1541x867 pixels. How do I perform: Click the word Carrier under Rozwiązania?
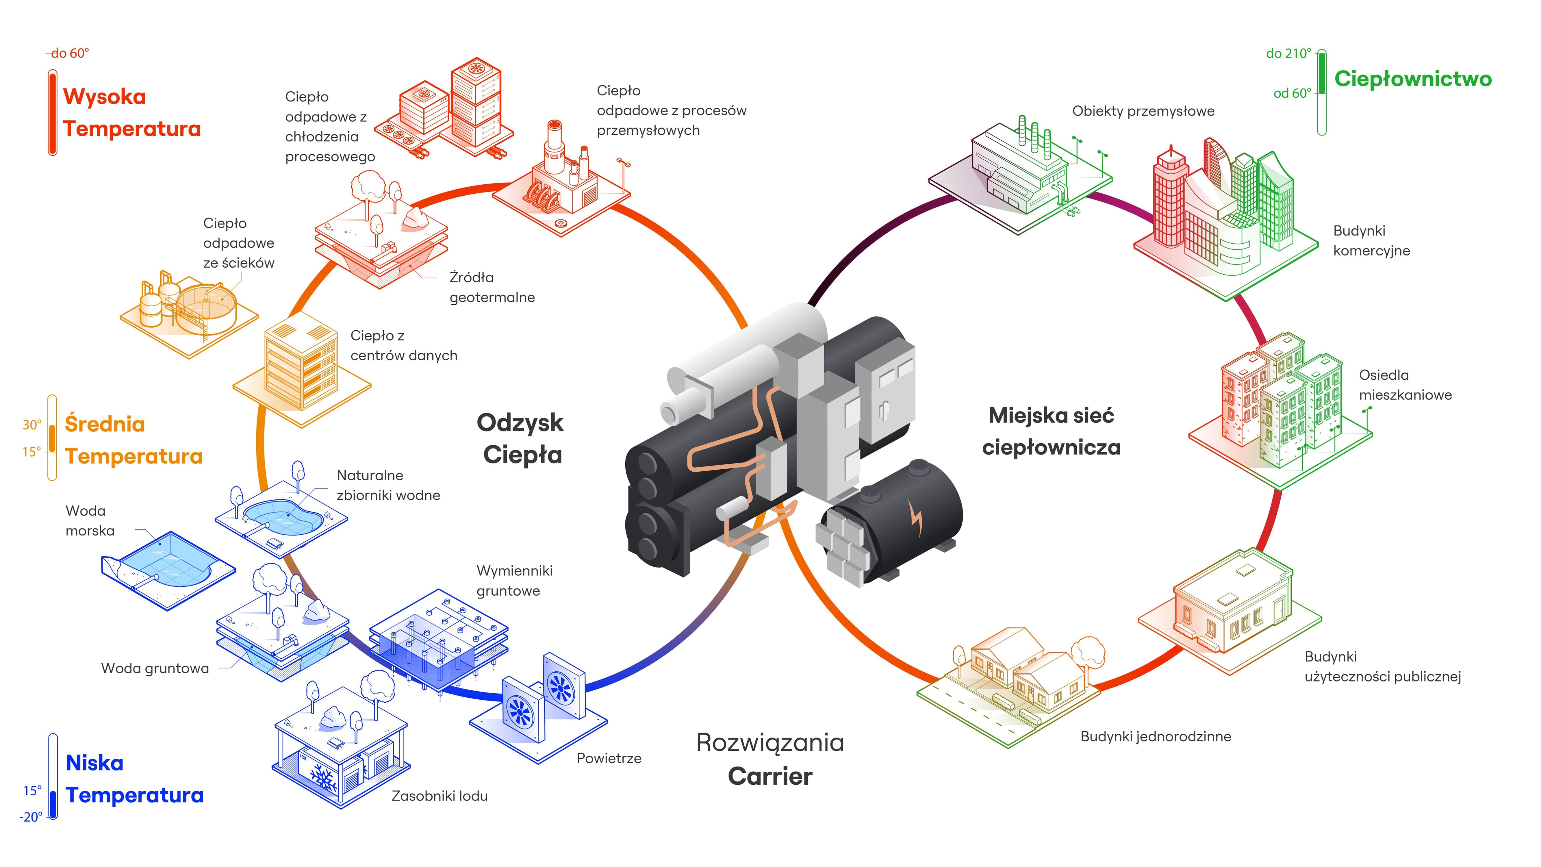(770, 776)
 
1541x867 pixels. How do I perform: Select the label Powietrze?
(608, 758)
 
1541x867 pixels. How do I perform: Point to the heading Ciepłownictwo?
(1413, 78)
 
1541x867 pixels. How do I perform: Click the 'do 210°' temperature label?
(1288, 53)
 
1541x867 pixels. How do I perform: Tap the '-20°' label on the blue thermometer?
(31, 817)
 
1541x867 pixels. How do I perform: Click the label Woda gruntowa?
(155, 668)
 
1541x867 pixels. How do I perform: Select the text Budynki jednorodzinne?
(1155, 736)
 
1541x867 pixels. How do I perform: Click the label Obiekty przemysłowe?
(1143, 111)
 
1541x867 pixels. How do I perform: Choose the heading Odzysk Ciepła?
(520, 439)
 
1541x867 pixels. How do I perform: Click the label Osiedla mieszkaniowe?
(1405, 385)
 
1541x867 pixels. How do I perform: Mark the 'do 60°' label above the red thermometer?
(70, 53)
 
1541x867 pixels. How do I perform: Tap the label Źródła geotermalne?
(492, 287)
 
